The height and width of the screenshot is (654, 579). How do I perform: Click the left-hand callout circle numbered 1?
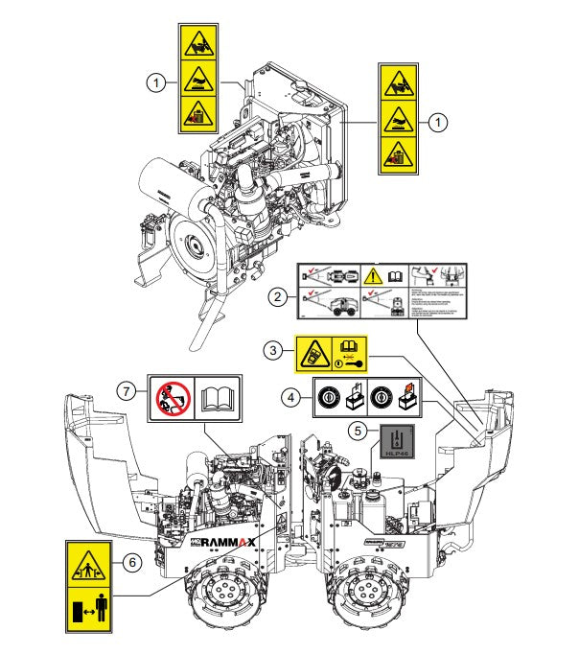tap(155, 83)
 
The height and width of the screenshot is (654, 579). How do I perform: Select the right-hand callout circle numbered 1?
tap(438, 122)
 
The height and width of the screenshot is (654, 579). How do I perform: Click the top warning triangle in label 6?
tap(87, 566)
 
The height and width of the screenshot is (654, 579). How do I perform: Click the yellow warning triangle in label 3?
tap(313, 353)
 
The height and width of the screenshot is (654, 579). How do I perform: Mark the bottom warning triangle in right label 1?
tap(398, 151)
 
